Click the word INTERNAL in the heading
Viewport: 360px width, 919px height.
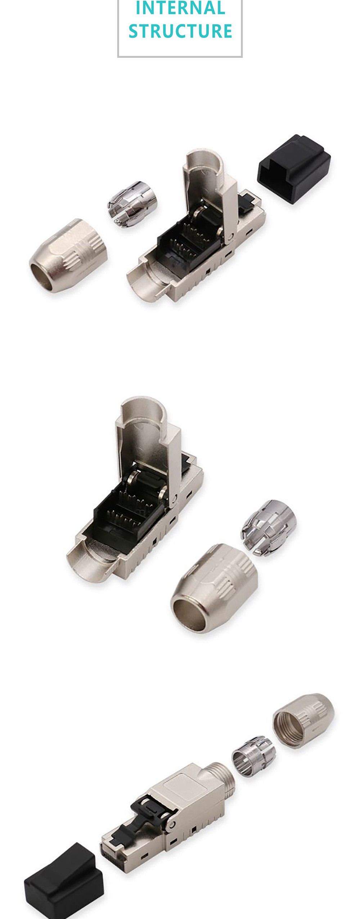(x=180, y=8)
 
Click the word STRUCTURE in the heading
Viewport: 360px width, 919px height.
(x=180, y=31)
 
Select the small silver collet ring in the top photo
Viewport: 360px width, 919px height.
(x=132, y=204)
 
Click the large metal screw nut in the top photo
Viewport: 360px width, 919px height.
(x=68, y=255)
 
